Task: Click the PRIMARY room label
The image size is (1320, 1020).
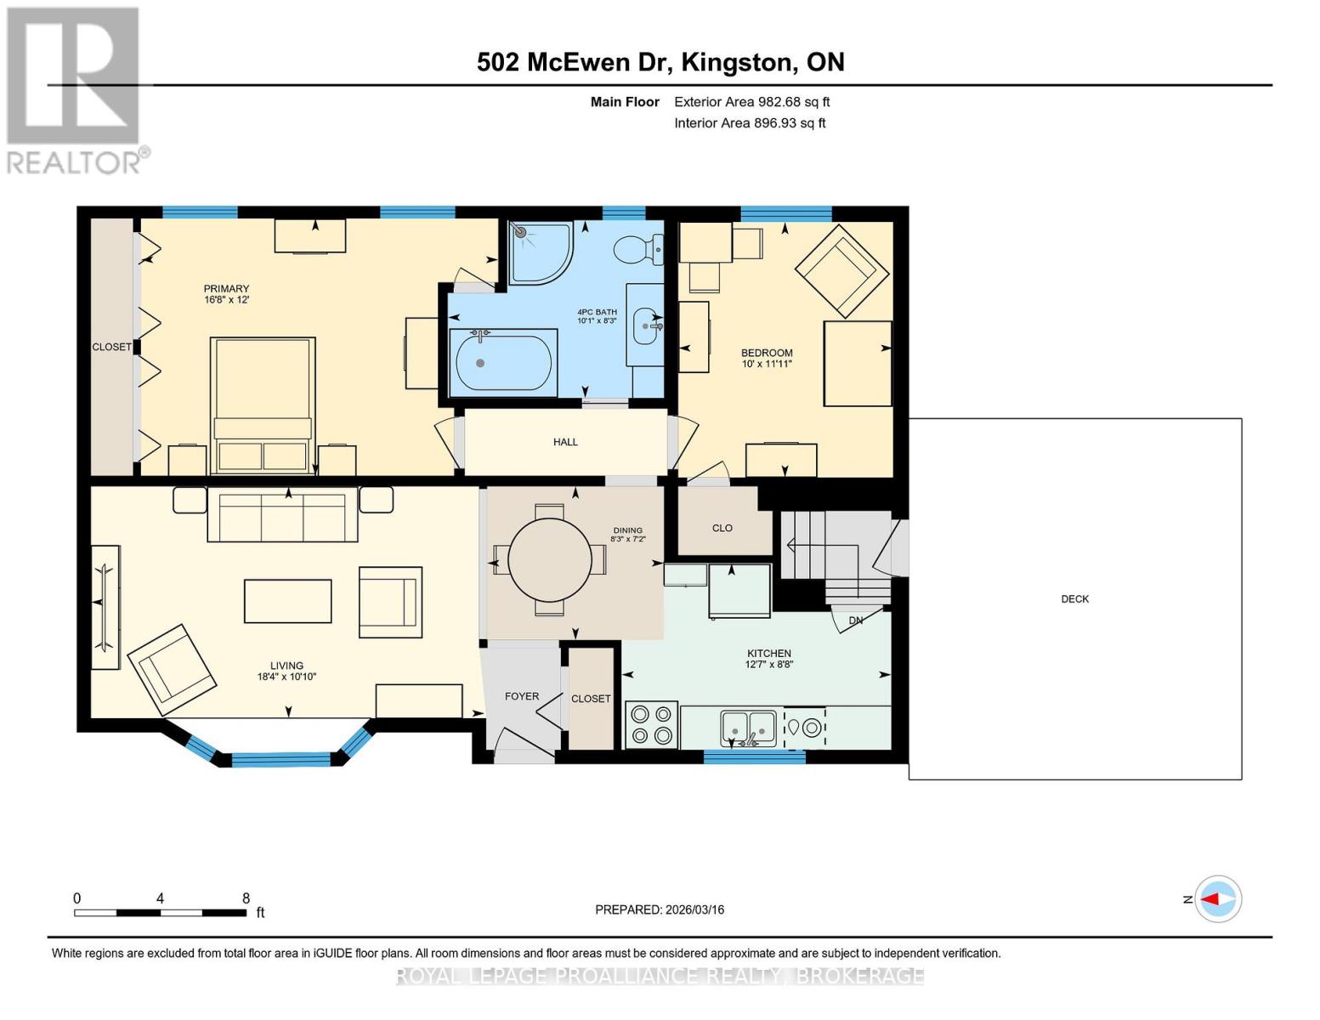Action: (226, 289)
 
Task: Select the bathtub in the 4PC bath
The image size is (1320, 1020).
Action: (503, 363)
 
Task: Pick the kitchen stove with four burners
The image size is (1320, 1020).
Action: (652, 725)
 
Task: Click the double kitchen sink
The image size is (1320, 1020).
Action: (748, 728)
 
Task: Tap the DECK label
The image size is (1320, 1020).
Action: (1075, 599)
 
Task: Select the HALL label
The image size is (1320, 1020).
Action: (565, 442)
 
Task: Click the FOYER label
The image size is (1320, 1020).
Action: (522, 696)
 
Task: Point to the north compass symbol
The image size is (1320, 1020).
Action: (1218, 898)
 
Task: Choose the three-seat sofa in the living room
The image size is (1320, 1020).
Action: (283, 516)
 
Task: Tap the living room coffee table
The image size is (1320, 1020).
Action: (288, 601)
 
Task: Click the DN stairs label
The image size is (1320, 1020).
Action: (856, 620)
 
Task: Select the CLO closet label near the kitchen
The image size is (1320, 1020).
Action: (722, 528)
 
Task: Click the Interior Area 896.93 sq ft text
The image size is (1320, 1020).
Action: (750, 123)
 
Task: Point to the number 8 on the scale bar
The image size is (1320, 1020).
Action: (246, 898)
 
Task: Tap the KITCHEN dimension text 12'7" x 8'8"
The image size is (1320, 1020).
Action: (769, 665)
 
